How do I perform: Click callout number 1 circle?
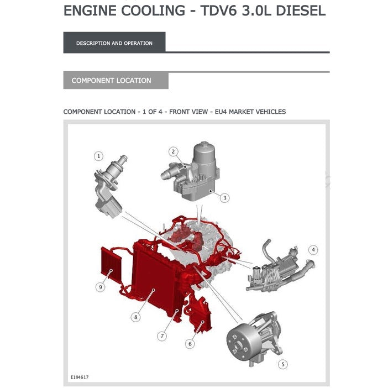pos(98,156)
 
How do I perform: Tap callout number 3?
pos(225,197)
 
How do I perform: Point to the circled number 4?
pos(313,250)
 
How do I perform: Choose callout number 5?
pos(283,364)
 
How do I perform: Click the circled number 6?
pos(190,344)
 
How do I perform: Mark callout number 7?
pos(162,335)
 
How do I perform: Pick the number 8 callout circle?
pos(135,317)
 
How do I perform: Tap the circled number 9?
pos(100,287)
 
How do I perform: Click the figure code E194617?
pos(80,377)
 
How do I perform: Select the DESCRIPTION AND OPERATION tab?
pos(114,43)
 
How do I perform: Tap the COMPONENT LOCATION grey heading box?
pos(116,81)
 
